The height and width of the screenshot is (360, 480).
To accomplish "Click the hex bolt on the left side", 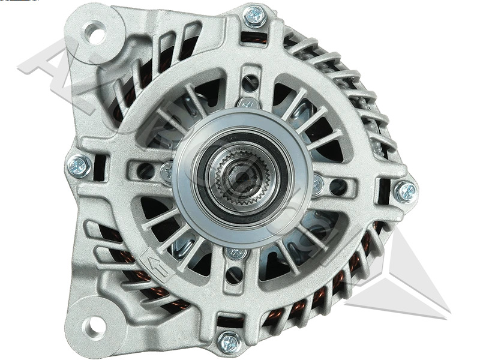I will coord(79,166).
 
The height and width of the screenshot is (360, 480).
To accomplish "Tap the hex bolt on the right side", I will coord(405,191).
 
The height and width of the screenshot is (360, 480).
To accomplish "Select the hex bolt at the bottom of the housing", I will coord(229,342).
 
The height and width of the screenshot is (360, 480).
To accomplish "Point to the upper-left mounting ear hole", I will coord(94,31).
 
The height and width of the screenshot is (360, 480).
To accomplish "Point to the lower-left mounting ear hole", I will coord(94,327).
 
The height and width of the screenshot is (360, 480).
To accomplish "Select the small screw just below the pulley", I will coord(236,253).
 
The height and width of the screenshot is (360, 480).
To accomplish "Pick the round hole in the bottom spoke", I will coord(234,274).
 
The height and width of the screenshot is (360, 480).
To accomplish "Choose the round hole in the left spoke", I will coord(146,170).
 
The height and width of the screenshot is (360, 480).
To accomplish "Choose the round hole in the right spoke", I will coord(339,187).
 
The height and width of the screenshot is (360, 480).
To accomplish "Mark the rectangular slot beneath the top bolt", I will coord(253,38).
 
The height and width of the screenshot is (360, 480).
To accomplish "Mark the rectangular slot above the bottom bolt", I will coord(230,319).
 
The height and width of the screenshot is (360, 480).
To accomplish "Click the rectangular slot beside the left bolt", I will coord(100,167).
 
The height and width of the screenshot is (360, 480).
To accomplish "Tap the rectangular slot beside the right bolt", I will coord(383,190).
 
